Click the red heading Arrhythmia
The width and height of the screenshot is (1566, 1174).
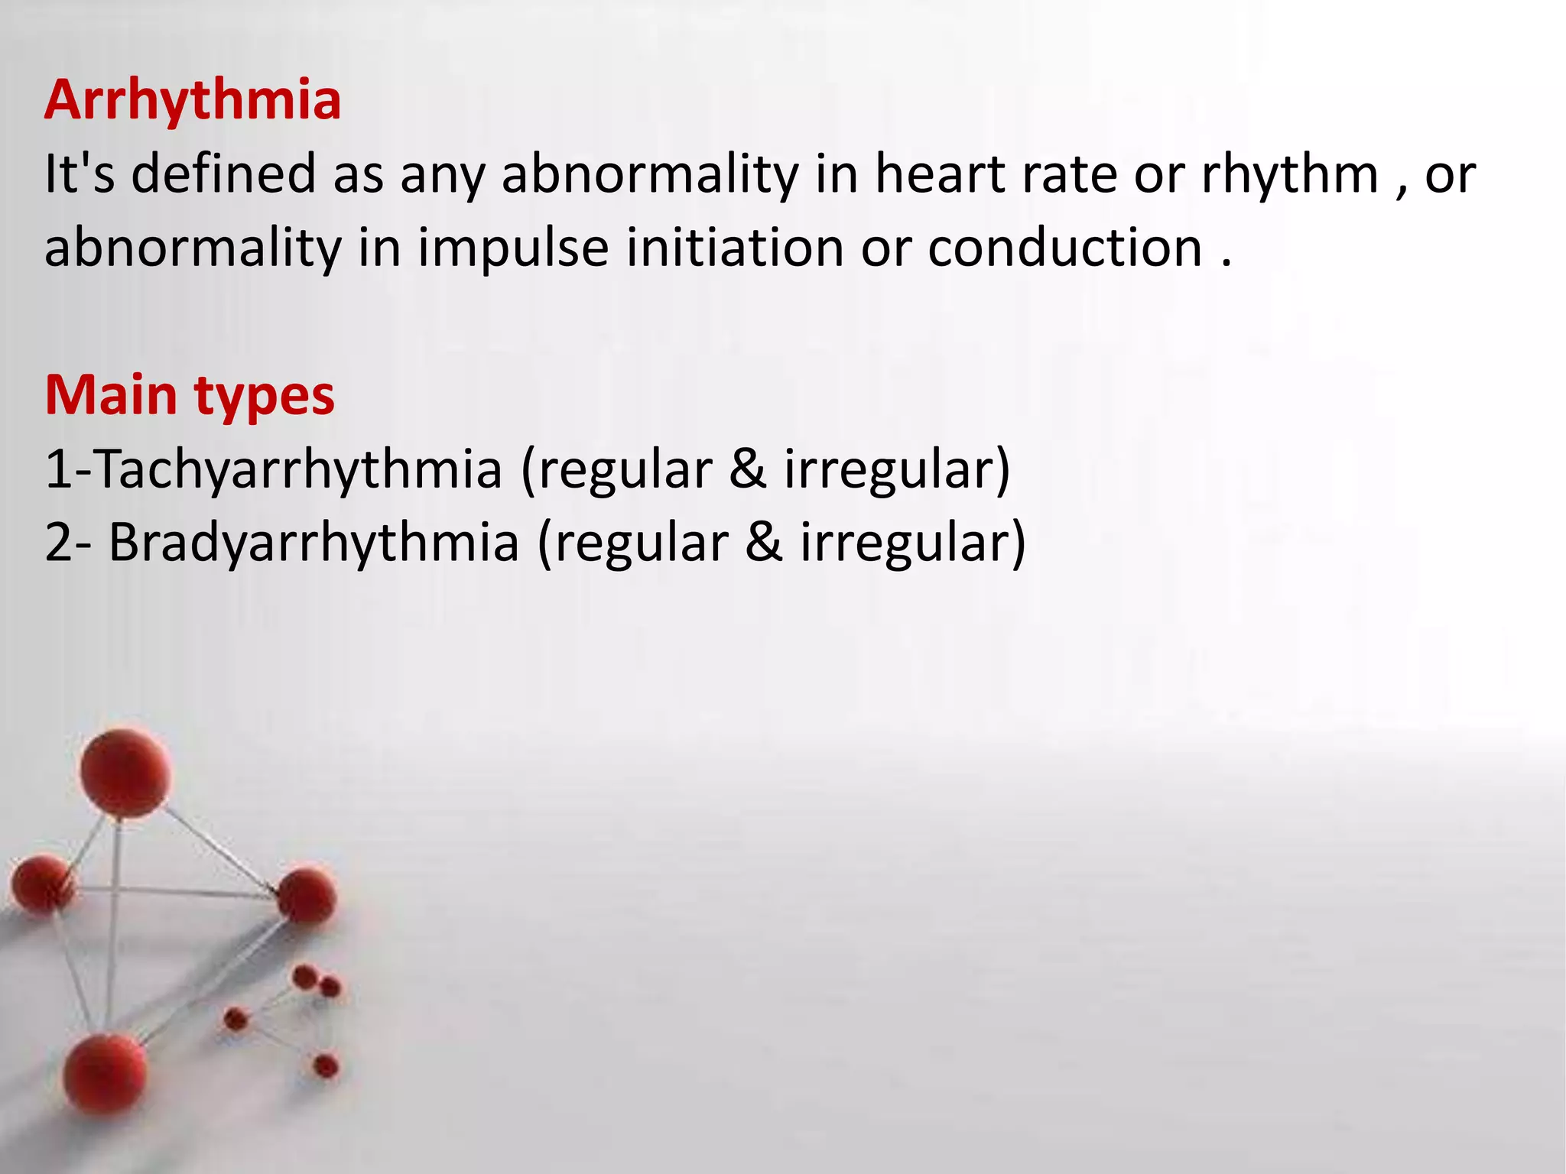point(193,101)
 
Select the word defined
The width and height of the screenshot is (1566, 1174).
point(223,174)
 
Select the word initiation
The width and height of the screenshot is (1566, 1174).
point(736,248)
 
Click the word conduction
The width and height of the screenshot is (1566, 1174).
point(1065,248)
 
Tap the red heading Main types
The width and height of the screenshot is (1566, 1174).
point(190,396)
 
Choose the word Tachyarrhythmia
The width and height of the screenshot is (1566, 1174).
point(298,469)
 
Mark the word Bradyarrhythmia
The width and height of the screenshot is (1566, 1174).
point(314,543)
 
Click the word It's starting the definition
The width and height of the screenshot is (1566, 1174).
point(80,174)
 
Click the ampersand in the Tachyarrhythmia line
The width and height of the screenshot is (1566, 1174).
point(748,469)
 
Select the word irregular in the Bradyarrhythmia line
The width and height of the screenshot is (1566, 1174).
point(905,543)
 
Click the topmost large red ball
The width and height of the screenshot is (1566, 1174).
point(126,772)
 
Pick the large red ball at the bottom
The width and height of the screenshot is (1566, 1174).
point(105,1073)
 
